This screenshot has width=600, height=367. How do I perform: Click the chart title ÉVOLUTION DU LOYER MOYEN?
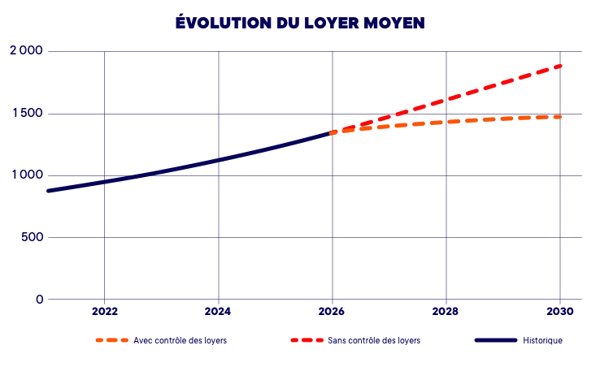pyautogui.click(x=300, y=22)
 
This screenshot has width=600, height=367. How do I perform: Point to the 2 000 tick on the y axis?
pyautogui.click(x=26, y=50)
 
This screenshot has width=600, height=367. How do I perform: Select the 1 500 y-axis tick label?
pyautogui.click(x=28, y=113)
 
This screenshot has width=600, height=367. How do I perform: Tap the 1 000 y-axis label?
pyautogui.click(x=28, y=175)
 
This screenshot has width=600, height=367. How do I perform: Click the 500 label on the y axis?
pyautogui.click(x=33, y=237)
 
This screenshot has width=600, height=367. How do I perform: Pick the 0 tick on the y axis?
pyautogui.click(x=39, y=300)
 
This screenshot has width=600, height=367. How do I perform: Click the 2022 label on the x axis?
pyautogui.click(x=104, y=312)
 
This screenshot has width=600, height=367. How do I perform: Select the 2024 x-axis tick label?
pyautogui.click(x=218, y=312)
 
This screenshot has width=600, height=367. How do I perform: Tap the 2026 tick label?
pyautogui.click(x=332, y=312)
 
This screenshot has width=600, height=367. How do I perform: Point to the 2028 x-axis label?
pyautogui.click(x=446, y=312)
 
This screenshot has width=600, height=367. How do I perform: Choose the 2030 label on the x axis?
pyautogui.click(x=560, y=312)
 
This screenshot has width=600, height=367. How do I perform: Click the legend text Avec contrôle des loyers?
pyautogui.click(x=180, y=341)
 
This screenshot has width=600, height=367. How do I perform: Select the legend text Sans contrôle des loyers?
pyautogui.click(x=374, y=341)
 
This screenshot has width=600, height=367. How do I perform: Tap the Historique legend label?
pyautogui.click(x=542, y=341)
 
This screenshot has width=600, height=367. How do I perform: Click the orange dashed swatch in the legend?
pyautogui.click(x=111, y=340)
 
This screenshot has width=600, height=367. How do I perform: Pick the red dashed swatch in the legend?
pyautogui.click(x=307, y=340)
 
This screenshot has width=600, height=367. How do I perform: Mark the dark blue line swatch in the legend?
pyautogui.click(x=496, y=340)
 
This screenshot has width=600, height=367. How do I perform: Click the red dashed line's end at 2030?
pyautogui.click(x=561, y=66)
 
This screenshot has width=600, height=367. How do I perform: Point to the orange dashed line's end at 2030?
pyautogui.click(x=561, y=117)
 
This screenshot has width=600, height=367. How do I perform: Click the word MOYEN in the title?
pyautogui.click(x=394, y=23)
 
